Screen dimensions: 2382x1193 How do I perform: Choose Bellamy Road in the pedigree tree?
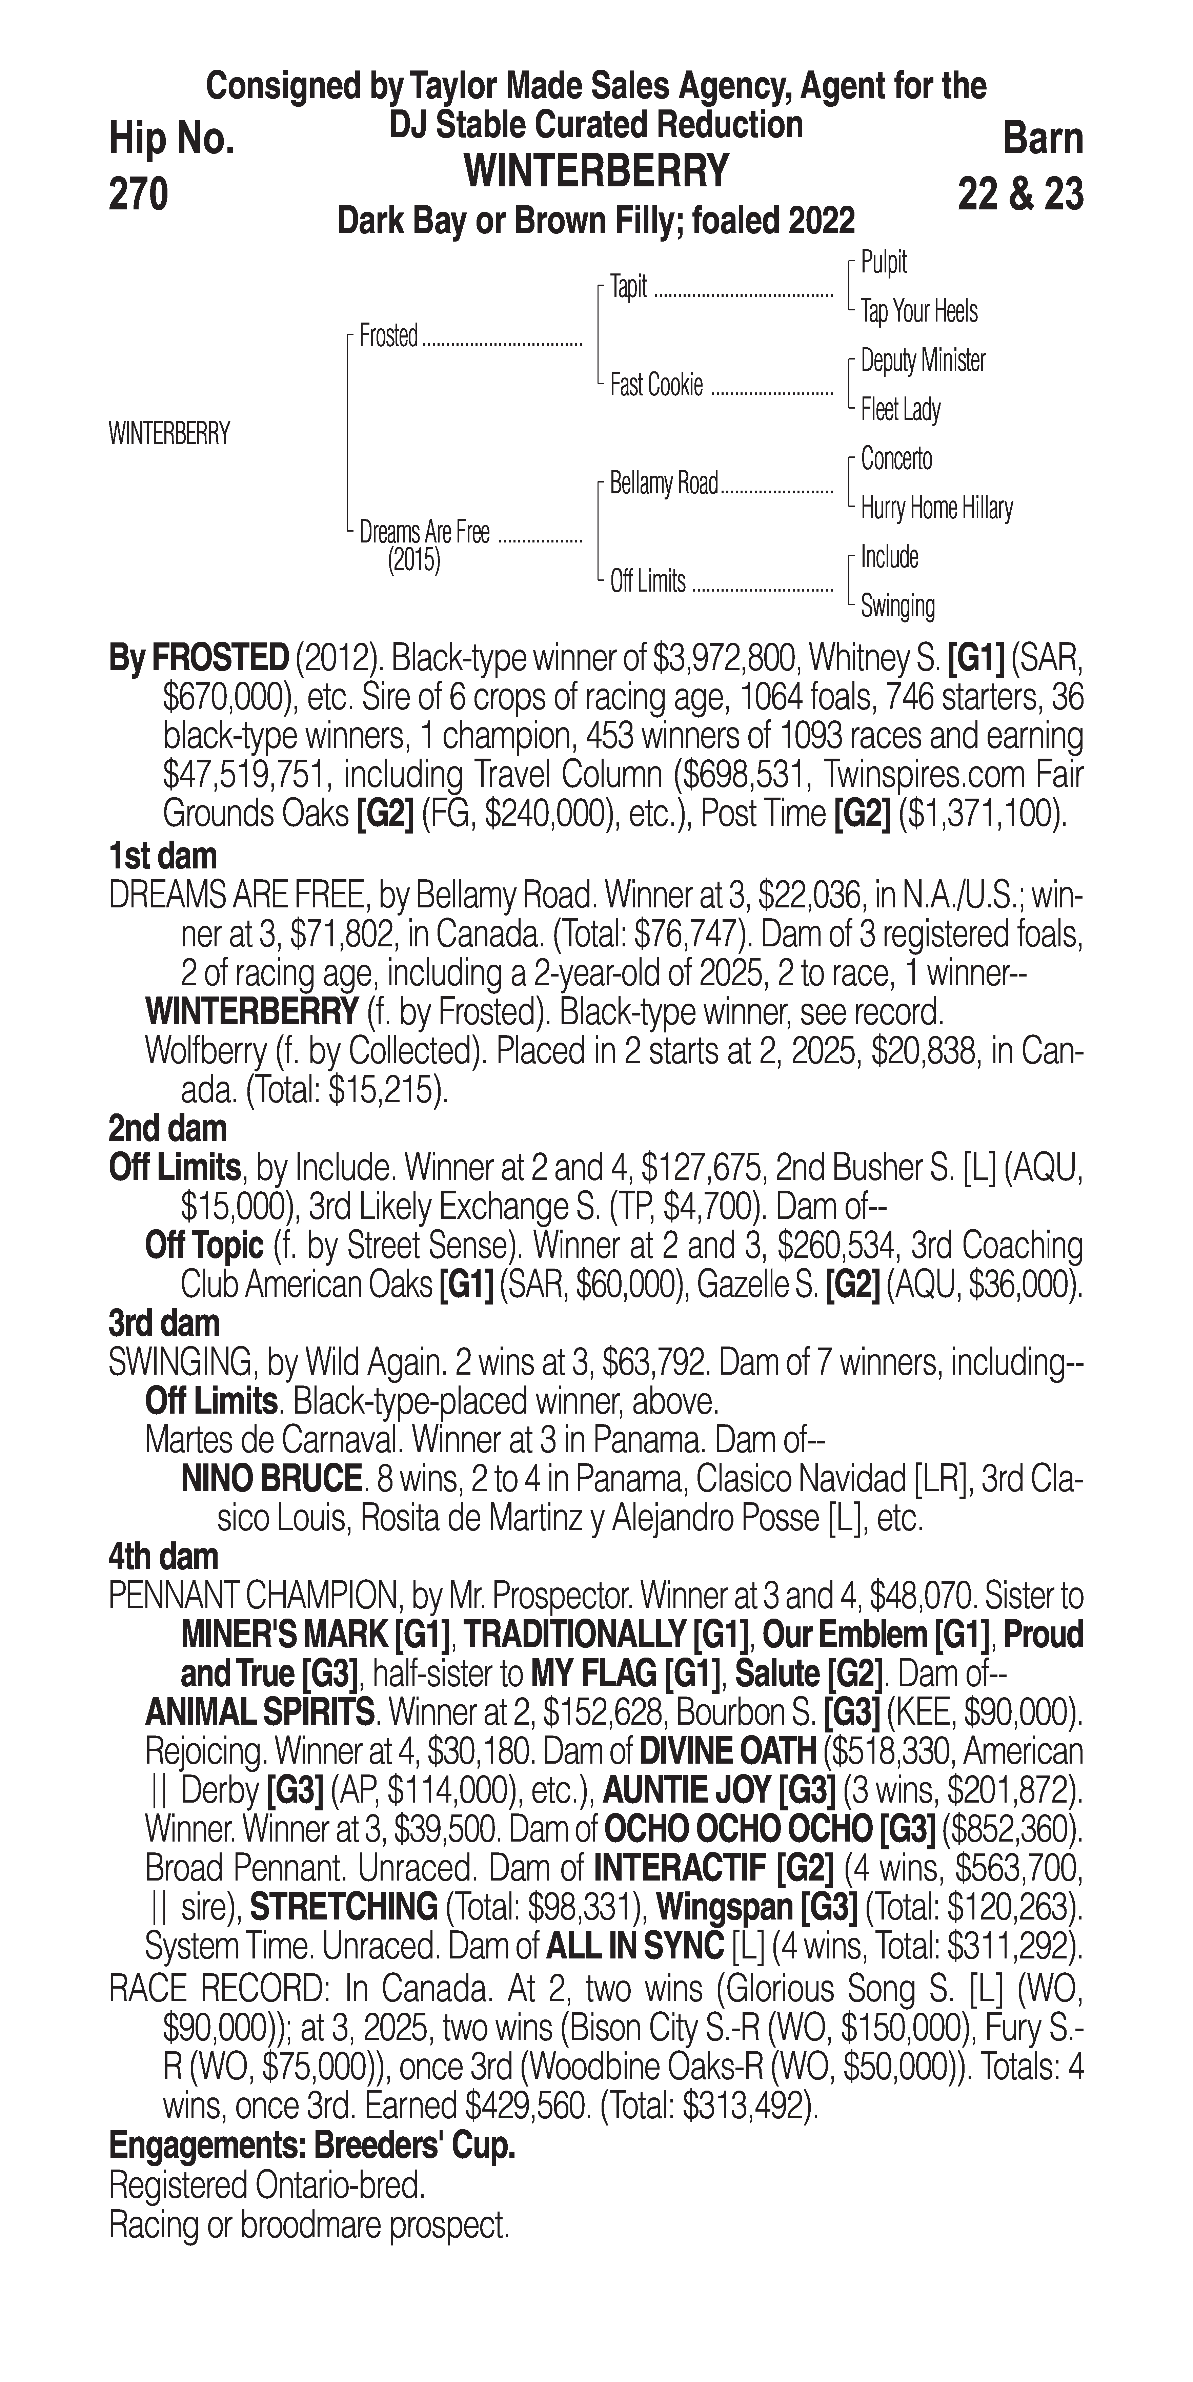[x=664, y=483]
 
